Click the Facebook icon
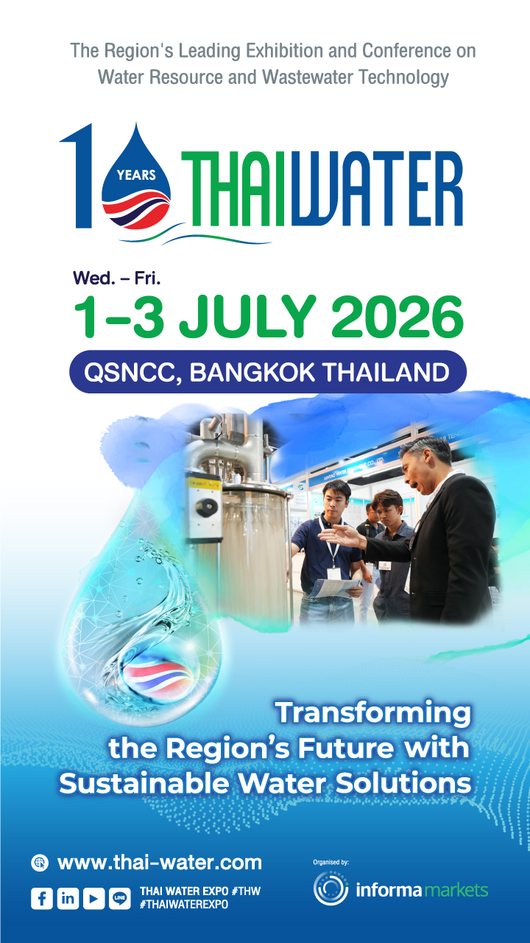[x=42, y=898]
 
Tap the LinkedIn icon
[x=68, y=898]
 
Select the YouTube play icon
[x=93, y=898]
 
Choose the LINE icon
[x=119, y=898]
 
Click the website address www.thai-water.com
[x=159, y=862]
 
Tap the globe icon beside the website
[x=40, y=863]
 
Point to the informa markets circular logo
[x=331, y=889]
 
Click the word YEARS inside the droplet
[x=136, y=175]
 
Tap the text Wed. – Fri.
[x=116, y=278]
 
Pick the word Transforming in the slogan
[x=372, y=712]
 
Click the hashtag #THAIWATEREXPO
[x=183, y=905]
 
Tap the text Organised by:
[x=331, y=860]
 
